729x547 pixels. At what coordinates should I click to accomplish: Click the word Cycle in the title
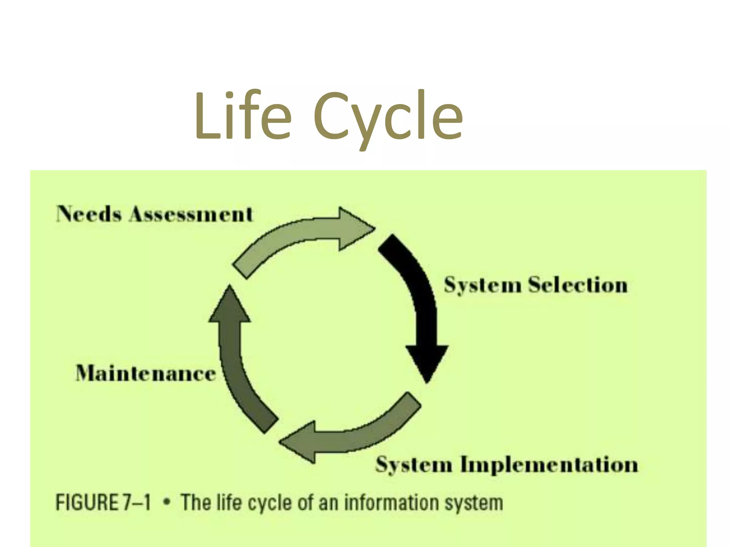coord(388,118)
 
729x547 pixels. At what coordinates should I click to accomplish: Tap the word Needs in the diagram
coord(89,214)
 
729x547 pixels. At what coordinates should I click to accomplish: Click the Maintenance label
coord(146,374)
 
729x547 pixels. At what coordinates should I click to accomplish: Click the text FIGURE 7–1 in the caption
coord(103,502)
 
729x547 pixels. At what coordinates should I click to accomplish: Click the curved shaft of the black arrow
coord(416,285)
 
